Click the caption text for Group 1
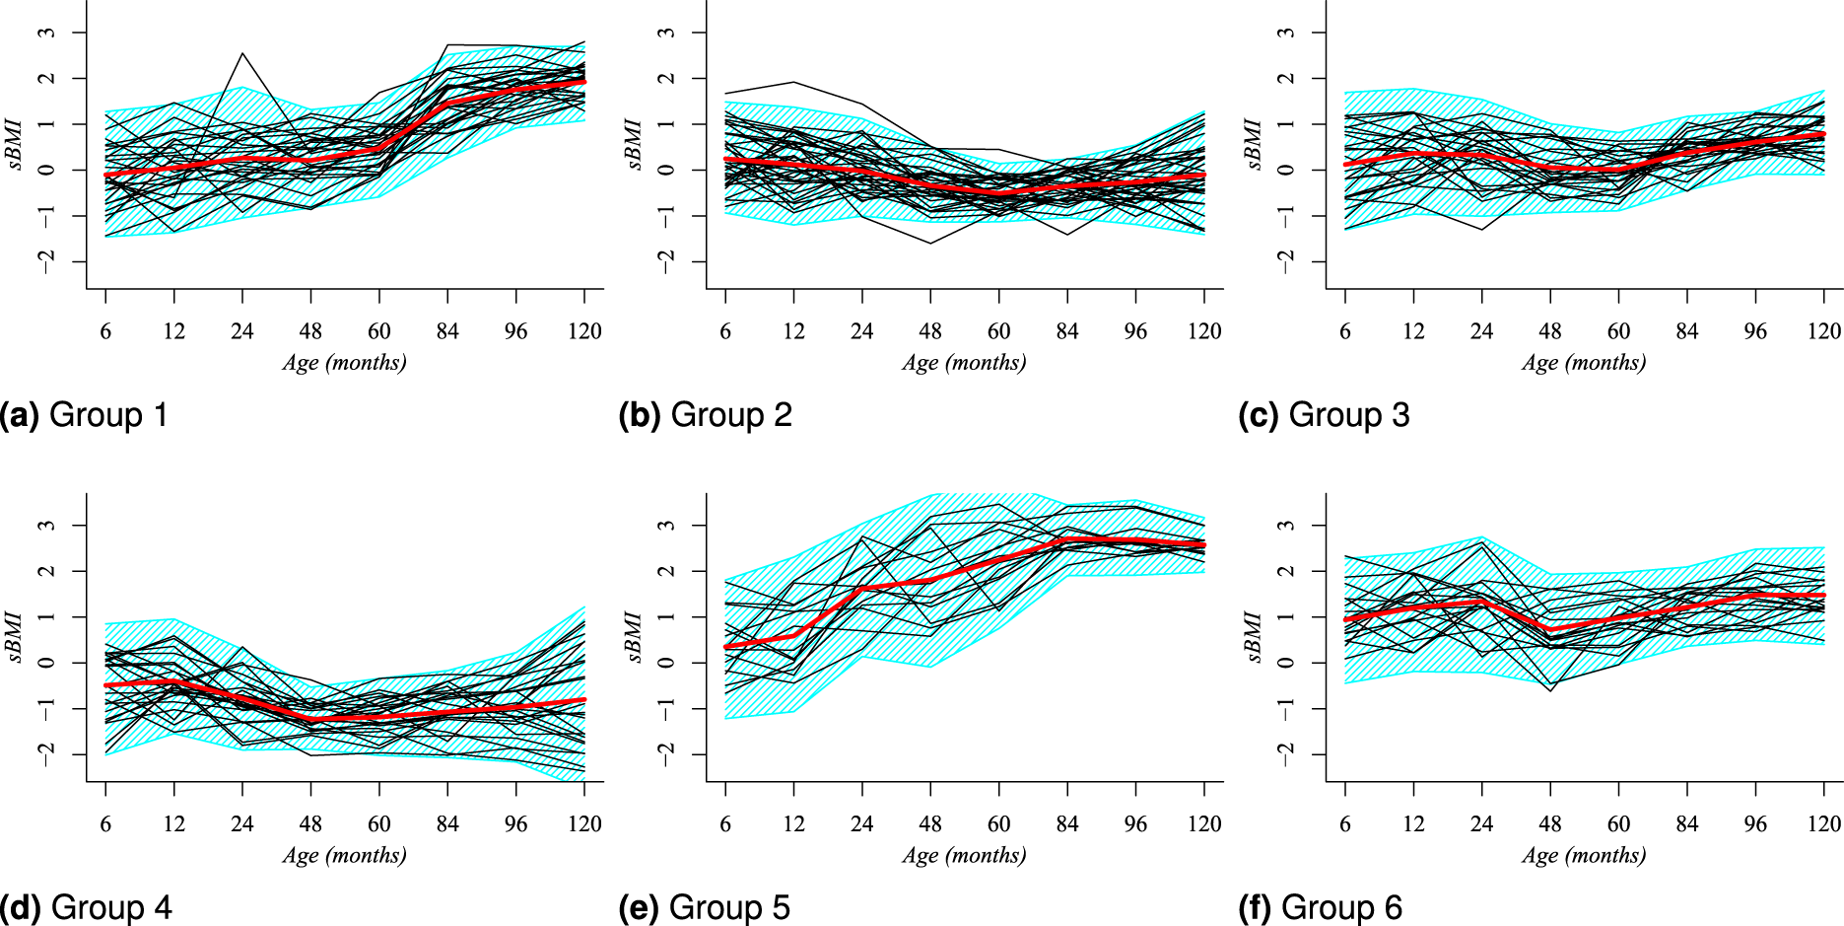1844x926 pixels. pos(84,415)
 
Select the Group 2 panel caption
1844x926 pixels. pos(706,415)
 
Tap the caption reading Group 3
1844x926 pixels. pos(1325,415)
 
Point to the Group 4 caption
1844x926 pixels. pos(87,907)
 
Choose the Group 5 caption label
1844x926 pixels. pos(705,907)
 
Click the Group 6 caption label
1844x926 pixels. pos(1321,907)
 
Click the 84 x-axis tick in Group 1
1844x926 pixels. pos(447,331)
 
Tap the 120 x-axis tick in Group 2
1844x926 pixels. pos(1204,331)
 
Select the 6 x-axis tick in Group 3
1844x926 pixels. pos(1345,331)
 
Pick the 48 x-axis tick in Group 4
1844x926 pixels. pos(310,823)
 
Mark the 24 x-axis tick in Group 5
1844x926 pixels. pos(861,823)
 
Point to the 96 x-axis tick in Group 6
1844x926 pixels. pos(1755,823)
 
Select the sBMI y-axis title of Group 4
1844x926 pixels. pos(17,637)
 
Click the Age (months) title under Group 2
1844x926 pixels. pos(964,363)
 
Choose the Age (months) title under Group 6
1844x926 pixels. pos(1584,855)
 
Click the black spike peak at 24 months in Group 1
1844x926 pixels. pos(242,53)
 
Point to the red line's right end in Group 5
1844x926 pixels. pos(1204,544)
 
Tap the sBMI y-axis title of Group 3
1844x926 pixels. pos(1256,145)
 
